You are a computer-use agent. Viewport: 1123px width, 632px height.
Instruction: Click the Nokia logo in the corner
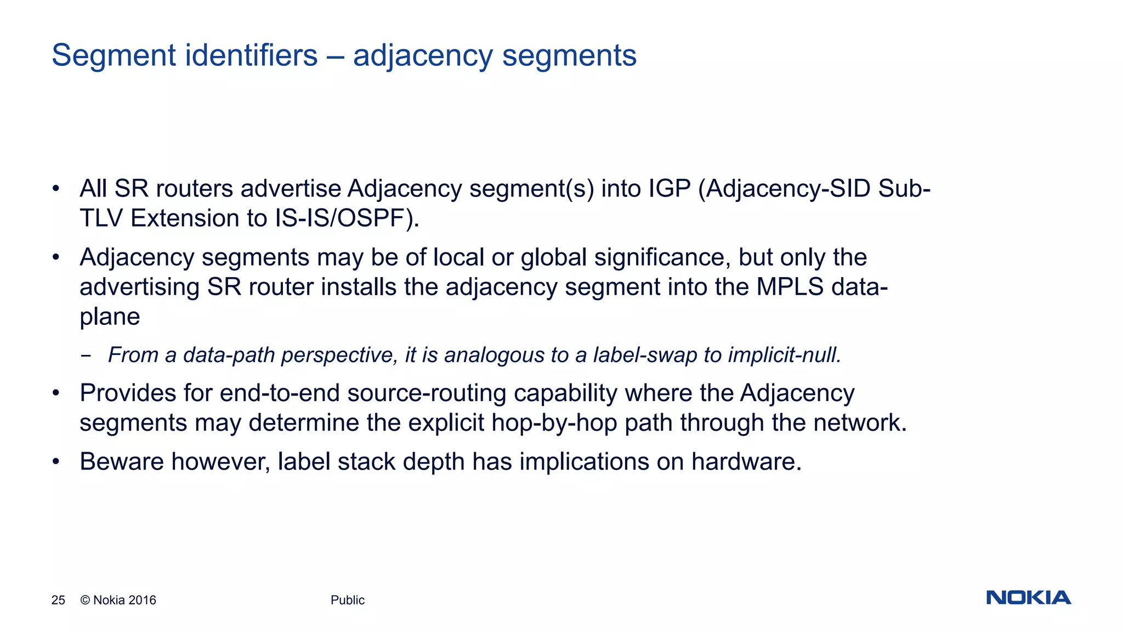(x=1028, y=597)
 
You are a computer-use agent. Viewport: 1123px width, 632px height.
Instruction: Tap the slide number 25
(x=58, y=600)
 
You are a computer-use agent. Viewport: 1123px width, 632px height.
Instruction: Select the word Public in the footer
(x=347, y=600)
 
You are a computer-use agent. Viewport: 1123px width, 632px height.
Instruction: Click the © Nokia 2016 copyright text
(x=118, y=600)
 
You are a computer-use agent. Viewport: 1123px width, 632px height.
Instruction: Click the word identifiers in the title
(x=251, y=55)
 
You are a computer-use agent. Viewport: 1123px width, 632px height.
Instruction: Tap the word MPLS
(x=790, y=287)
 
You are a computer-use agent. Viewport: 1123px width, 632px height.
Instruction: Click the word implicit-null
(x=785, y=355)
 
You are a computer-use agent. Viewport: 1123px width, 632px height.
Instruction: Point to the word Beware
(x=121, y=462)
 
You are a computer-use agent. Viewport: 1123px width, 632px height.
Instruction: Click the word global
(x=553, y=257)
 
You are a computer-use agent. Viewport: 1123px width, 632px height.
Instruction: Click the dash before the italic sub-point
(x=86, y=356)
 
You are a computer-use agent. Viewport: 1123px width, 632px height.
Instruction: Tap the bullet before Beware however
(x=55, y=462)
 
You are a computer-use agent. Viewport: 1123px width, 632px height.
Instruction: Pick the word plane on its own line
(x=110, y=317)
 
